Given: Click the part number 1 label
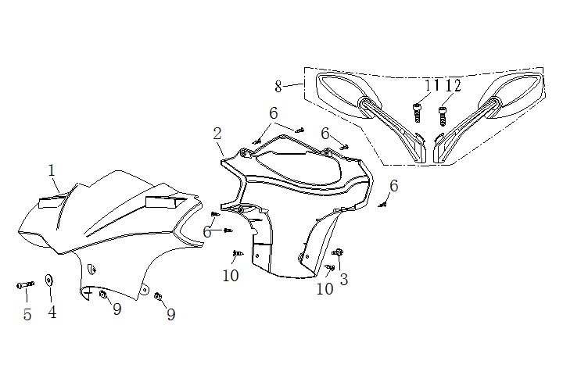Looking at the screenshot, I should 52,170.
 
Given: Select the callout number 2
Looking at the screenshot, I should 217,134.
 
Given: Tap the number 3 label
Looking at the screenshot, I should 343,279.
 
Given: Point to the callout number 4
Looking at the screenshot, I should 52,312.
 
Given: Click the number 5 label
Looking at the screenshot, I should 27,315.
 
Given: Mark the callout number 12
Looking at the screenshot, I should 453,86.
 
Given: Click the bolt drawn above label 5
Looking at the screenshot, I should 26,285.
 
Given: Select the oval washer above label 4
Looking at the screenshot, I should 50,280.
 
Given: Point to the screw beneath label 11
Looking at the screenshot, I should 417,109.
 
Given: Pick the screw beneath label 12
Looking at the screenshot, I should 442,116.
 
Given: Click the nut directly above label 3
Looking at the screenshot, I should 339,252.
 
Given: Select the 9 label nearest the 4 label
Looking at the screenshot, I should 117,310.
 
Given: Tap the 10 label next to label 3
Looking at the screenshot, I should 325,288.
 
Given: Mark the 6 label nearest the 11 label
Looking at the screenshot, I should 325,134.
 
